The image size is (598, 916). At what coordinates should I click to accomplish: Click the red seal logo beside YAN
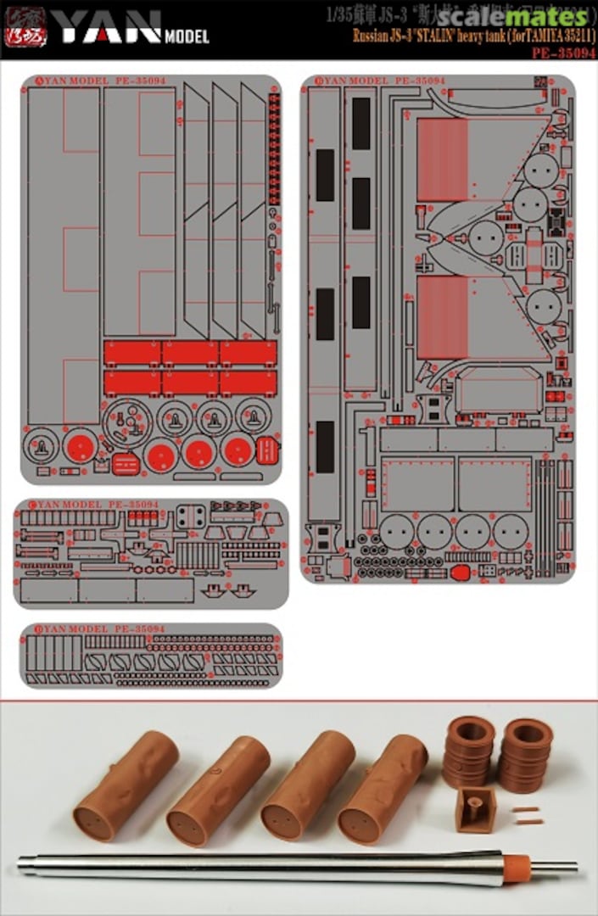[25, 28]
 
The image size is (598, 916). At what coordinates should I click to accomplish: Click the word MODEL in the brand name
[187, 36]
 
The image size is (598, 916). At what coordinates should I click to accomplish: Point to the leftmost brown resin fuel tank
[126, 785]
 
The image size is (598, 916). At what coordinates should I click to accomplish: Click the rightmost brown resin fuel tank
[383, 789]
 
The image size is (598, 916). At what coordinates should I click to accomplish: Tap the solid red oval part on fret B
[460, 572]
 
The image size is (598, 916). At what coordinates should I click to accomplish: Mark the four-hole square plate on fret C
[191, 517]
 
